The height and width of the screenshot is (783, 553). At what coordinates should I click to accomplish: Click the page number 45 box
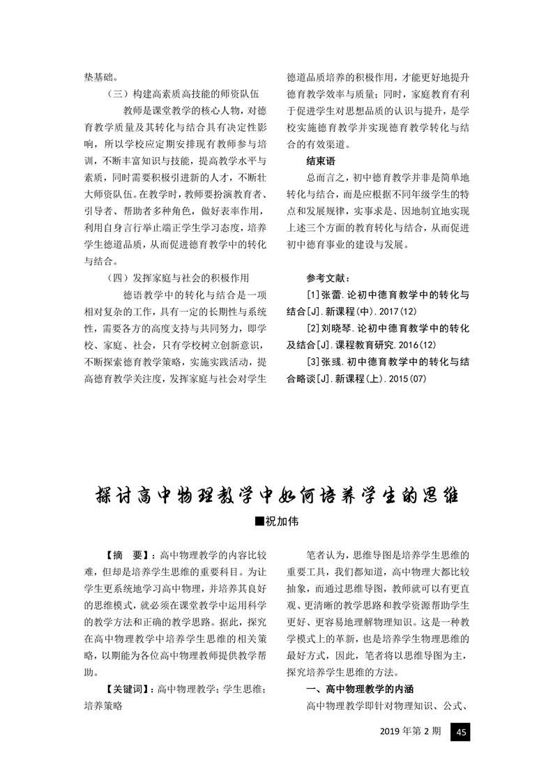pyautogui.click(x=461, y=732)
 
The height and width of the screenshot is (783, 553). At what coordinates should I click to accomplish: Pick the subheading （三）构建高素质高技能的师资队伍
pyautogui.click(x=183, y=94)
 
